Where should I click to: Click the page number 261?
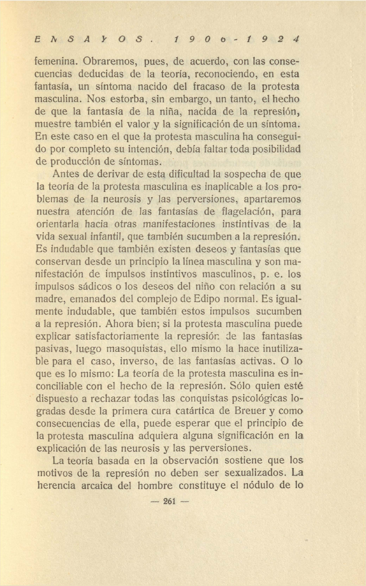coord(170,502)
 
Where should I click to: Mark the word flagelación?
coord(246,211)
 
